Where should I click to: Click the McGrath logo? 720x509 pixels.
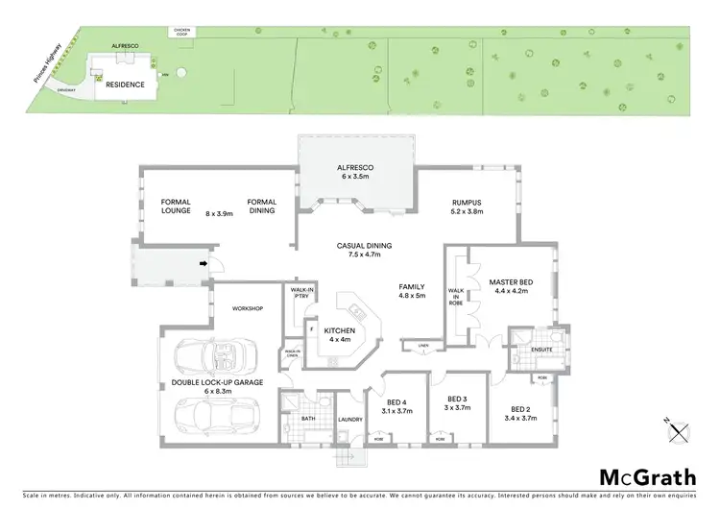click(642, 477)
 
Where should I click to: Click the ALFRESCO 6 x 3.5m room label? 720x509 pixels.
click(355, 172)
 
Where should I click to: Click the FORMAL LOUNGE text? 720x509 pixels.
click(177, 207)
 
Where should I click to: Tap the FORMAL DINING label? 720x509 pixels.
click(261, 207)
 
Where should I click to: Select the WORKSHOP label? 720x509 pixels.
click(247, 308)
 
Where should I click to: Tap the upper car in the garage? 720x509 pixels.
click(214, 360)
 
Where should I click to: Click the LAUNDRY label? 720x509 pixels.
click(348, 420)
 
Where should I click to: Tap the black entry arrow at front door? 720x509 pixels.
click(204, 260)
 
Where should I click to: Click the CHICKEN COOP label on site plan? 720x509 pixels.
click(181, 32)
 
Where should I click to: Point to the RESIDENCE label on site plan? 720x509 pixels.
click(125, 85)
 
